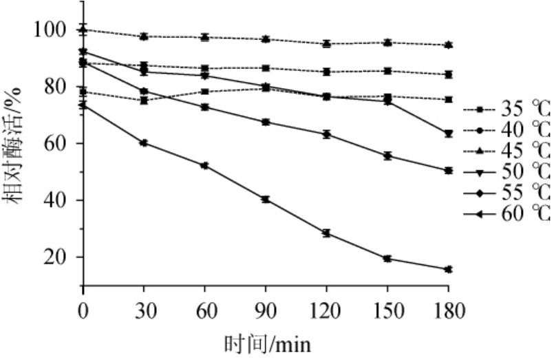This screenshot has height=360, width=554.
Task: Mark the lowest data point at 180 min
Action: pyautogui.click(x=448, y=269)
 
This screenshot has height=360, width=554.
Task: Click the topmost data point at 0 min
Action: pyautogui.click(x=83, y=30)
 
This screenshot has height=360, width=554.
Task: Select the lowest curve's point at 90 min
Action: pyautogui.click(x=266, y=200)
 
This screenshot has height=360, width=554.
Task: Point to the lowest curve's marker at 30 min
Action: pyautogui.click(x=144, y=142)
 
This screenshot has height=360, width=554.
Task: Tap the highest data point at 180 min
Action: pyautogui.click(x=448, y=45)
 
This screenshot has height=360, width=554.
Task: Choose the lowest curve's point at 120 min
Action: pyautogui.click(x=327, y=233)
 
